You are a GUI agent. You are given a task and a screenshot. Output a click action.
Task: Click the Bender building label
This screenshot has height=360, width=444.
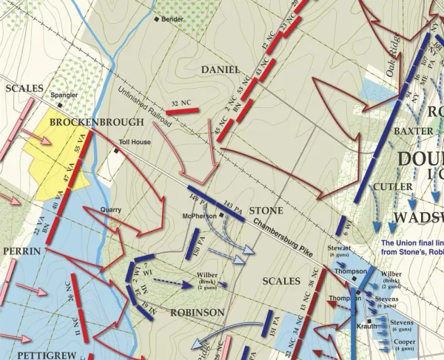click(172, 18)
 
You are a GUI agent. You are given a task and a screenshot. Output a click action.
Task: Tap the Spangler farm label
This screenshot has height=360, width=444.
click(63, 95)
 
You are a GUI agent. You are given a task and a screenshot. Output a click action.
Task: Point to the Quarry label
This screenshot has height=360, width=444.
click(110, 209)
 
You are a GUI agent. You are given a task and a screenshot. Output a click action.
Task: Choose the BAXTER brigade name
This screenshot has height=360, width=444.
click(413, 131)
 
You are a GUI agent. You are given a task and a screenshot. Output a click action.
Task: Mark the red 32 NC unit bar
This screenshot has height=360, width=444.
click(183, 111)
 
